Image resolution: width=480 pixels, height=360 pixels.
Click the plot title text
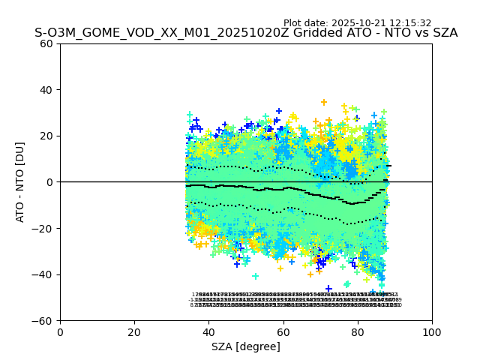[x=246, y=33]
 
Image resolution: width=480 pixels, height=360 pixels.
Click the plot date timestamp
[x=357, y=23]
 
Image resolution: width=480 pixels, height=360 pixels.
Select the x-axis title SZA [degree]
[x=246, y=346]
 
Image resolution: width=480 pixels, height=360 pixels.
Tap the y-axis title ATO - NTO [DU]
[x=20, y=182]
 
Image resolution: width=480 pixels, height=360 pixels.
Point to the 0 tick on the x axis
[x=60, y=331]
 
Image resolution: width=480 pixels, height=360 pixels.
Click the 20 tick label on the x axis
[x=134, y=331]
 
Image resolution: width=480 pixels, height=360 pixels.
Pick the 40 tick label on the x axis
[x=208, y=331]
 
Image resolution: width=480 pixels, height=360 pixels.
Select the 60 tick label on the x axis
[x=283, y=331]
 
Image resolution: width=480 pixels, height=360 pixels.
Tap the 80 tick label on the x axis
[x=358, y=331]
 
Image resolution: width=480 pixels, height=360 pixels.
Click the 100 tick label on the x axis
[x=432, y=331]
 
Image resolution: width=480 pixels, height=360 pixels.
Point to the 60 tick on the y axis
[x=46, y=43]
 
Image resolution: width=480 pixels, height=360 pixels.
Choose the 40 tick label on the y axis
[x=46, y=90]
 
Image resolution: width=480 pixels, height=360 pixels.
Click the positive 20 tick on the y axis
[x=46, y=136]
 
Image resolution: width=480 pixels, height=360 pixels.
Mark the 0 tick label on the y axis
[x=49, y=182]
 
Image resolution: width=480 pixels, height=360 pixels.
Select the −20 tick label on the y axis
[x=43, y=229]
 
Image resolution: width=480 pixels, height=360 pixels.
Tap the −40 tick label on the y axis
[x=43, y=274]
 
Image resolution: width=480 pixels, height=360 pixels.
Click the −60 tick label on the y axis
[x=43, y=321]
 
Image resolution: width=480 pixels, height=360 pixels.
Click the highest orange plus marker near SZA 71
[x=324, y=103]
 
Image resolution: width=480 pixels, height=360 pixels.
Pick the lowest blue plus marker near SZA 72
[x=328, y=289]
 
